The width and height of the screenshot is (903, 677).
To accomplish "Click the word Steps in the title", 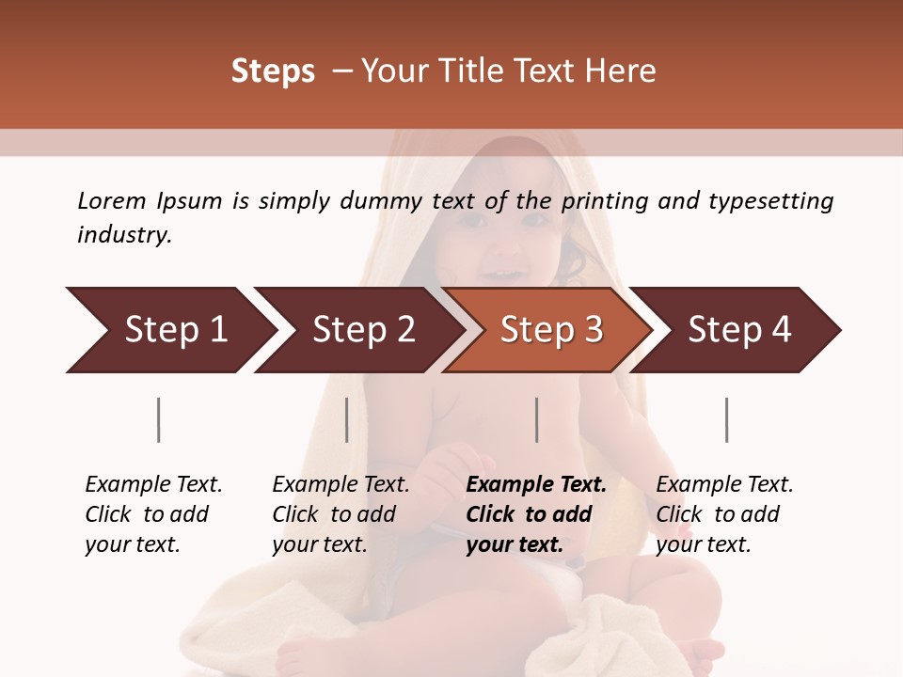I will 273,71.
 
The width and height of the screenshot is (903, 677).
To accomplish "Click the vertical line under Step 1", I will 159,419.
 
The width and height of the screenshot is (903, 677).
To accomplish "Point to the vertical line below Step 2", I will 347,419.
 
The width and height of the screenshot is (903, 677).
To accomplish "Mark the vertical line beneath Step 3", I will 536,419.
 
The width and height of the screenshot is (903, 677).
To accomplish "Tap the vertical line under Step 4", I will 726,419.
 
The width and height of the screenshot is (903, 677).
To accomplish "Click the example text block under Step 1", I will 152,514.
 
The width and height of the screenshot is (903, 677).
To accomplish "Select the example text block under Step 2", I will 341,514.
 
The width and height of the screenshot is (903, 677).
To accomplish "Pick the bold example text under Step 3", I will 535,514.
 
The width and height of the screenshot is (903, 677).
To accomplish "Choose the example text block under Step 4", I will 723,514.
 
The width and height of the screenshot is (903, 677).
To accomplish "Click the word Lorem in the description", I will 112,200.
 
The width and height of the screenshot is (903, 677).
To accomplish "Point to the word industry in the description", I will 124,235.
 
